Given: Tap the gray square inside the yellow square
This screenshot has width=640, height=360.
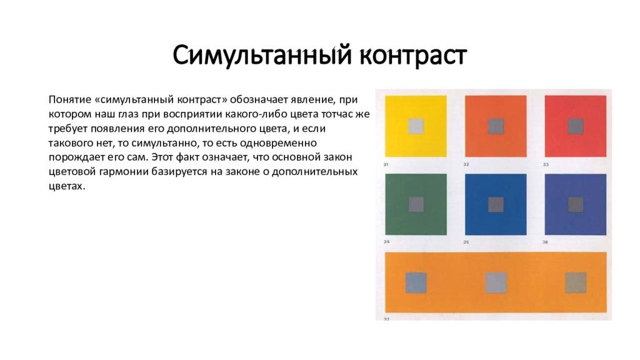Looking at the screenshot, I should coord(416,126).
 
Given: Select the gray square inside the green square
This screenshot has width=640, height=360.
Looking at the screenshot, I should coord(416,204).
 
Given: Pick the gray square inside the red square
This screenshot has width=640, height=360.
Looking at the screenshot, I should coord(576,126).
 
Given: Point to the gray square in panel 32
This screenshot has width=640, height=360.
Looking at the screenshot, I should coord(496,126).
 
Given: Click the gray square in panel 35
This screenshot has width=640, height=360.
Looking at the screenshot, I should coord(496,204).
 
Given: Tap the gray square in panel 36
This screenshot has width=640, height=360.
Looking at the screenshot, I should coord(576,204).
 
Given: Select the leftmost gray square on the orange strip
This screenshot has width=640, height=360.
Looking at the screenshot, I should coord(416,282).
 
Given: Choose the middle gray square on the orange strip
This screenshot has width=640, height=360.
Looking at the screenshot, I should coord(496,282).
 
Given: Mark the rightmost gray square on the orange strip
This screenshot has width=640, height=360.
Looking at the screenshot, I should coord(576,282).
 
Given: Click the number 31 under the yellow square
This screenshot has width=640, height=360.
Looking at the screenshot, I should coord(386,164).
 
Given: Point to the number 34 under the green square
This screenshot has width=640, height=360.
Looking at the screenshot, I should coord(387,242).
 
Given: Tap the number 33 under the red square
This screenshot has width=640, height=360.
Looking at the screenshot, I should coord(546,164).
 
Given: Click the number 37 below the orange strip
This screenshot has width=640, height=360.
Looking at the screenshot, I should coord(386,319).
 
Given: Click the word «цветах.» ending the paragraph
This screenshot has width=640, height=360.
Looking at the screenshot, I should coord(66,186).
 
